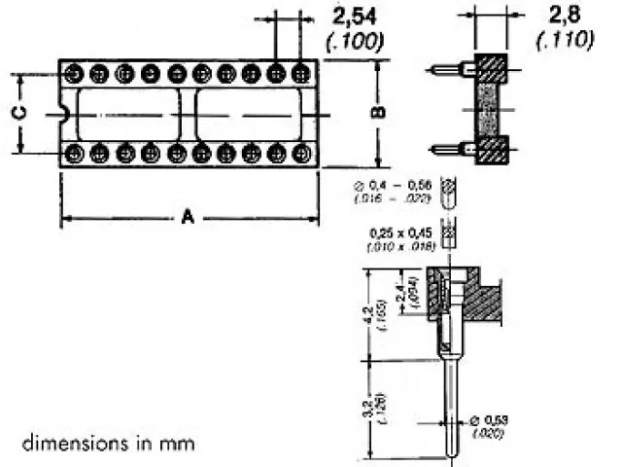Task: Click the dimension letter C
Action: point(19,113)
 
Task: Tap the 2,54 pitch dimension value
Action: point(356,17)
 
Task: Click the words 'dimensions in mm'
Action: point(108,443)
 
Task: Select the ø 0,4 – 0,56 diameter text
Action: point(400,185)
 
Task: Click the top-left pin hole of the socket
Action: point(73,73)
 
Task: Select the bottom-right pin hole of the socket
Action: point(301,153)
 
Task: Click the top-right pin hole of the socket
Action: point(301,73)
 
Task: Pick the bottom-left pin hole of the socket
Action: point(73,153)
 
